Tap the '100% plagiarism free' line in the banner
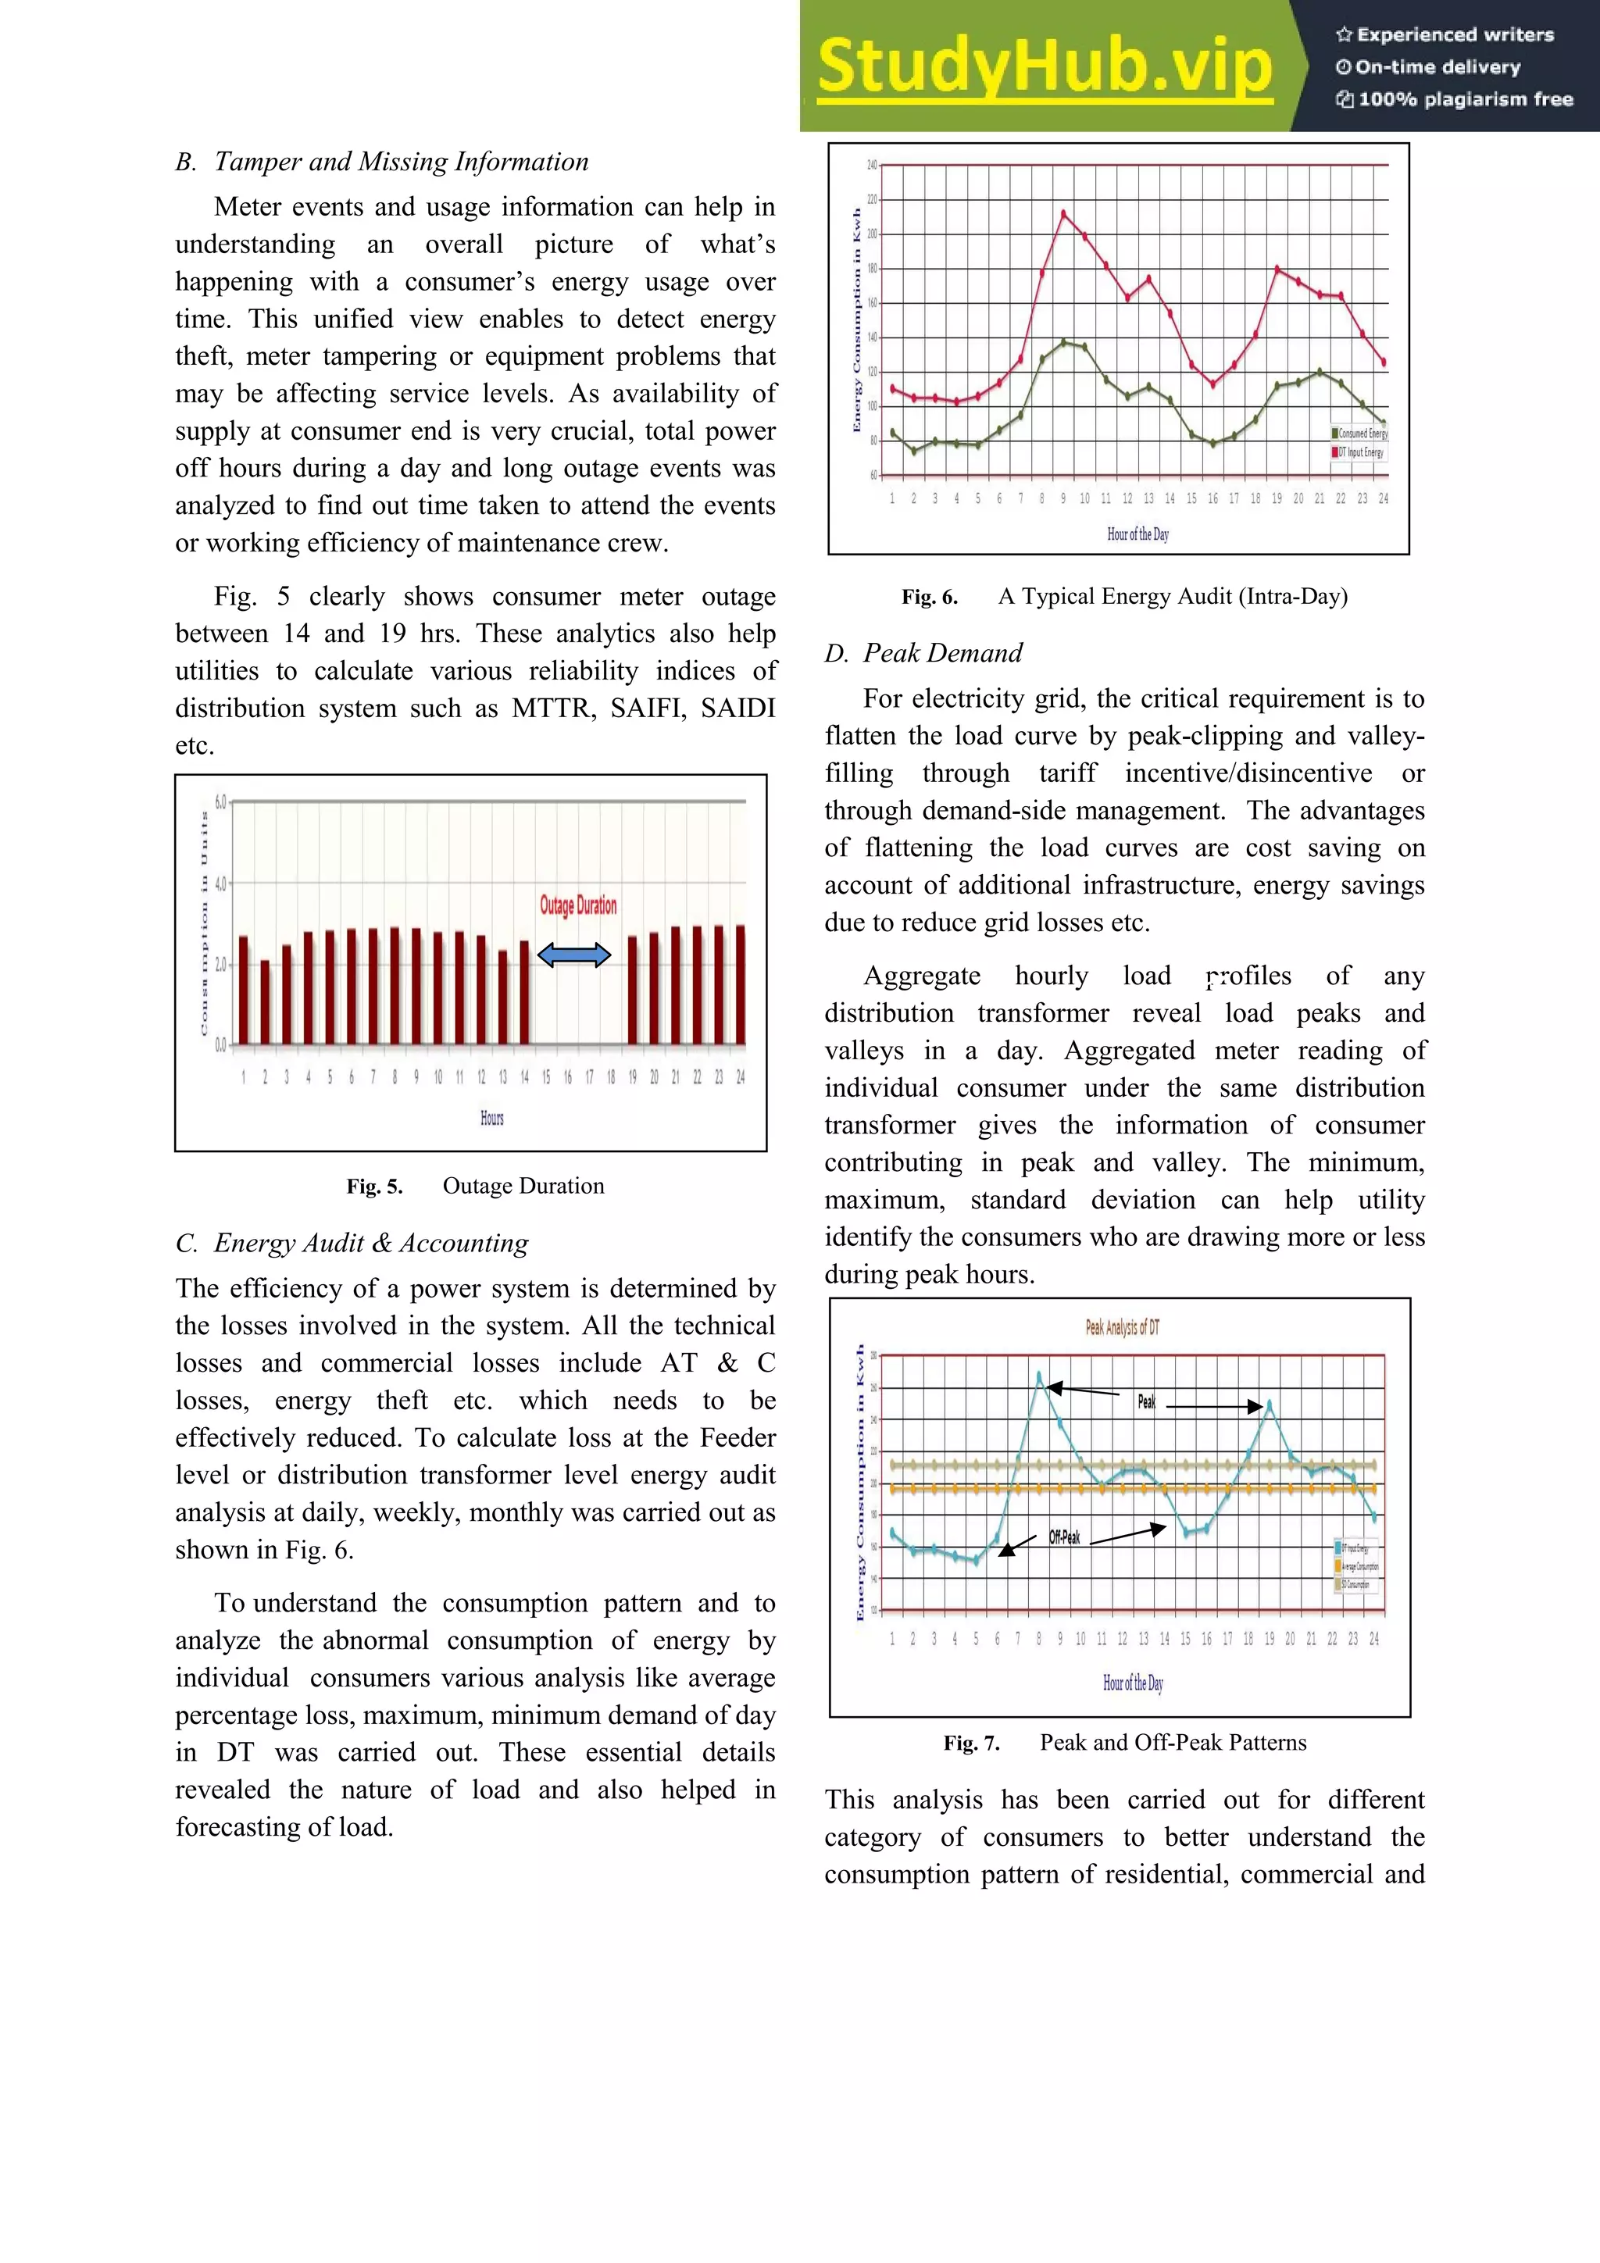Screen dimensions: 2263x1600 [1455, 99]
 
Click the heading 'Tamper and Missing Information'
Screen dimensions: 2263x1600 [402, 162]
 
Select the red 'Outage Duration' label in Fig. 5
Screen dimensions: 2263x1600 [577, 905]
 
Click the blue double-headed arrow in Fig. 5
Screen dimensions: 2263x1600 [573, 954]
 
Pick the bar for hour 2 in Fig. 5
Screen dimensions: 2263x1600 [264, 1001]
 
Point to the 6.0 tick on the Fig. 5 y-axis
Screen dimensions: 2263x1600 [220, 801]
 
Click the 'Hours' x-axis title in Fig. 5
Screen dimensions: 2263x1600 [492, 1118]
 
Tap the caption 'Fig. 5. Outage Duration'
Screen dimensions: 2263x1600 [475, 1186]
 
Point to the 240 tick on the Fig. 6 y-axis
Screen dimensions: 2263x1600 [871, 166]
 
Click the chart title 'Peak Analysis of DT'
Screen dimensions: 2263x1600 [1122, 1328]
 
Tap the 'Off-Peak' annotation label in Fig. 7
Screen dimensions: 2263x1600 [1064, 1537]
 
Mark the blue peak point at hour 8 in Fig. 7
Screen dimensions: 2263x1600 [1039, 1374]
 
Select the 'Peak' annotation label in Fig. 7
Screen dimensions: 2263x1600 [1147, 1401]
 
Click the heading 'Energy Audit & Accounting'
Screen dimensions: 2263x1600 [370, 1243]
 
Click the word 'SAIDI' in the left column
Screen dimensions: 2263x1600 [737, 709]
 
